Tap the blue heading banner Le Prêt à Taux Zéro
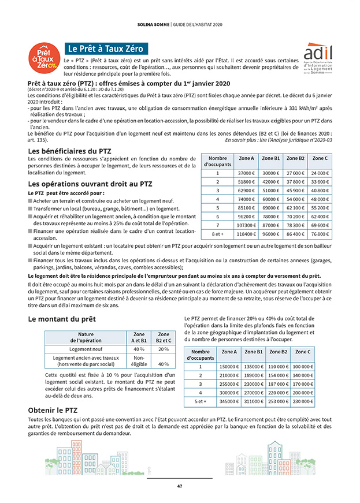(105, 49)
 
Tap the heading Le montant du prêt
(62, 319)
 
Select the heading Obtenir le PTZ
(53, 409)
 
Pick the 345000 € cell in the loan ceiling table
(229, 401)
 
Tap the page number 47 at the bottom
(180, 486)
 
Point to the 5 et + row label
(200, 401)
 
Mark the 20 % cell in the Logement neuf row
(164, 349)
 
